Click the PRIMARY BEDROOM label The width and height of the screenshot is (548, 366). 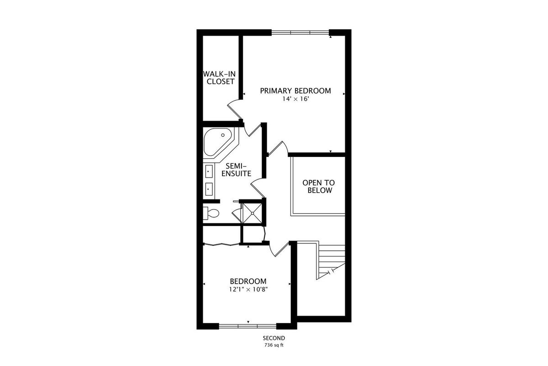coord(295,91)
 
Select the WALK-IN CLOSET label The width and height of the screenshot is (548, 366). coord(220,78)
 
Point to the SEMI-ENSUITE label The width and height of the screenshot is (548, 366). coord(237,170)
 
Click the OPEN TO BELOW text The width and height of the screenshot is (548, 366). coord(319,186)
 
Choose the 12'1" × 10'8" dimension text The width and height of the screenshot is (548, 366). coord(248,290)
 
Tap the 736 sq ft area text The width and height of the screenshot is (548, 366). coord(274,345)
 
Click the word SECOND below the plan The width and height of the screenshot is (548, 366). coord(274,338)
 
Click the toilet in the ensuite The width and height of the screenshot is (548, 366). coord(211,213)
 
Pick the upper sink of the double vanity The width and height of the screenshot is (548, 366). coord(209,172)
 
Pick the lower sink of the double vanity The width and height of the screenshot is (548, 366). coord(209,189)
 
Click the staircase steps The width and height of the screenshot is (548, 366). coord(332,260)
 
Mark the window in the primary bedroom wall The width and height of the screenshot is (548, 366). coord(300,32)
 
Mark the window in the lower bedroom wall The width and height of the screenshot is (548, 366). coord(248,326)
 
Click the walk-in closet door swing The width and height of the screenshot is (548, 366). coord(234,110)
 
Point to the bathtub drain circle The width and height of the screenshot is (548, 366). coord(223,135)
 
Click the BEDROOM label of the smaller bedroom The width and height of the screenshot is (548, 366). coord(248,281)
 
